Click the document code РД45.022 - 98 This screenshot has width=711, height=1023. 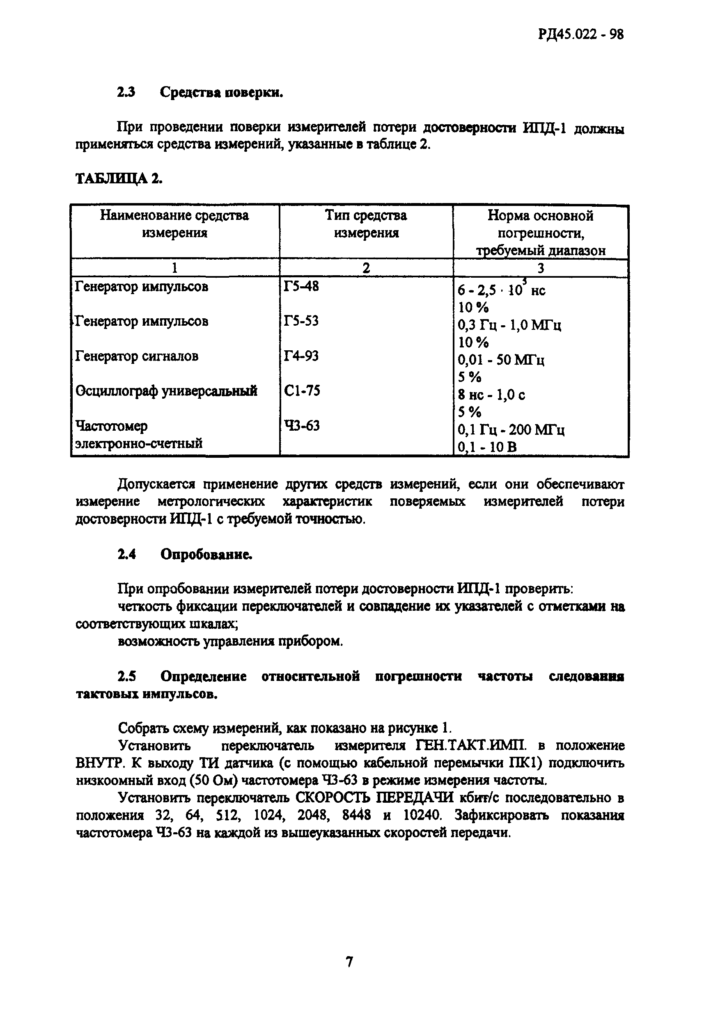[580, 34]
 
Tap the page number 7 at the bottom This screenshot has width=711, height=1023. [350, 962]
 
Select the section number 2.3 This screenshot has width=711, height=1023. [126, 92]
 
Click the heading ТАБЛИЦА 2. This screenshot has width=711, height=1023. [119, 178]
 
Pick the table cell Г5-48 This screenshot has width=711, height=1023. [301, 286]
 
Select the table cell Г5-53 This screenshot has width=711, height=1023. [301, 321]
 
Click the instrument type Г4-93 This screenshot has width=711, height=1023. [301, 356]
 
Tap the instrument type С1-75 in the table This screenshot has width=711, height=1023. [302, 391]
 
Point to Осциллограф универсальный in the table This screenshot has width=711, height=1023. [166, 391]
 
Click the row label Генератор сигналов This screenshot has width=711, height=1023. [137, 356]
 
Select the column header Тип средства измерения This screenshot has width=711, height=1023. [366, 224]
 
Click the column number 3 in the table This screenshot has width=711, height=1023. [540, 268]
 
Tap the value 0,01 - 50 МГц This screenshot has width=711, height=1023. [501, 360]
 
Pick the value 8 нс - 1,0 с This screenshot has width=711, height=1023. [491, 395]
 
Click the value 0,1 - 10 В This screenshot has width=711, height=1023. [487, 447]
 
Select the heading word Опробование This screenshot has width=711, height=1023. [206, 554]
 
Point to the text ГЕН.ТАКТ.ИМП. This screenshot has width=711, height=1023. [472, 745]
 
